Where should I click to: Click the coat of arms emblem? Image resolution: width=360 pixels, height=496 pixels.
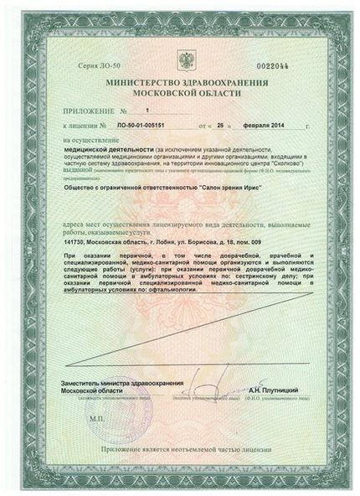click(x=182, y=59)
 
